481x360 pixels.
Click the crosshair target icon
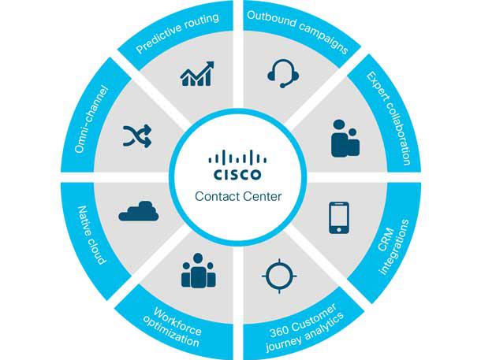[x=280, y=276]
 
